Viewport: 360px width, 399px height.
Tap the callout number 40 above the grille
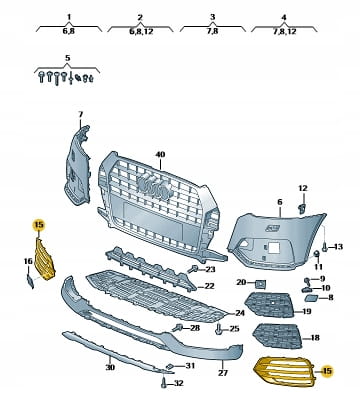[160, 155]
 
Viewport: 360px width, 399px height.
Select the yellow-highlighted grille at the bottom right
[284, 371]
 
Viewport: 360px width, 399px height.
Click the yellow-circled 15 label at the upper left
[39, 225]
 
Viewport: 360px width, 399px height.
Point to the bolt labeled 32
[164, 383]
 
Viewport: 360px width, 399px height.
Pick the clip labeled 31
[170, 366]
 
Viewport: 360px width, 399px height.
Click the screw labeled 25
[219, 329]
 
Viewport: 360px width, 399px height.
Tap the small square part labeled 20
[260, 284]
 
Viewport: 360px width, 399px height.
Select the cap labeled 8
[313, 298]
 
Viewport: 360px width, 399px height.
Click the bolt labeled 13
[324, 247]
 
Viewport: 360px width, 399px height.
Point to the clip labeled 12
[302, 209]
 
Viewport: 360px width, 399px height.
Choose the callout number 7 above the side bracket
[80, 114]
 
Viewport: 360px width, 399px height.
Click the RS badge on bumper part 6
[272, 228]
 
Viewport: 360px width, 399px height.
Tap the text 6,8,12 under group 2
[140, 31]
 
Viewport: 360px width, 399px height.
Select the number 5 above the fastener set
[68, 58]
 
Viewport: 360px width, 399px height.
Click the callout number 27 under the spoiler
[223, 373]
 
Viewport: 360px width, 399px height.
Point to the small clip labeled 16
[30, 281]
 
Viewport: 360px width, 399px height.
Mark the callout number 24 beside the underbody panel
[240, 313]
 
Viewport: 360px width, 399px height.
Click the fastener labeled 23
[193, 268]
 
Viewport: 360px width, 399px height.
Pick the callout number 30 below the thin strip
[110, 367]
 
